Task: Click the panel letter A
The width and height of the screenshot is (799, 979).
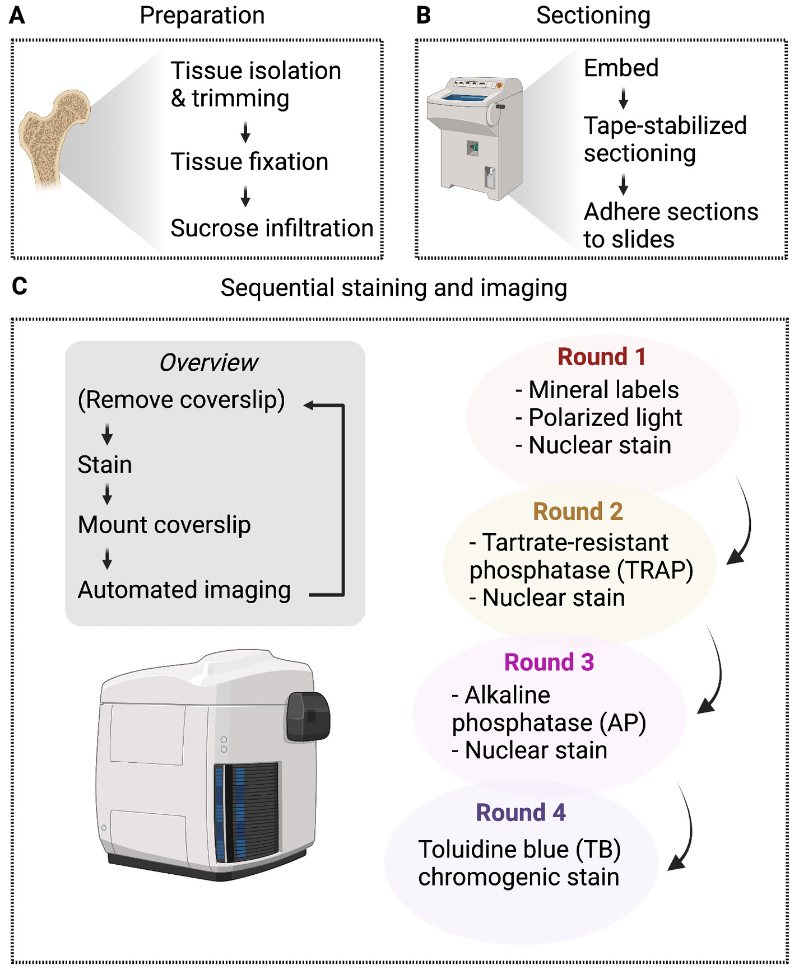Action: pyautogui.click(x=17, y=16)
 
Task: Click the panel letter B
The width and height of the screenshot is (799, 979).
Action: pyautogui.click(x=424, y=16)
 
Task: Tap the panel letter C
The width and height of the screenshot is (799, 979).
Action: pyautogui.click(x=19, y=286)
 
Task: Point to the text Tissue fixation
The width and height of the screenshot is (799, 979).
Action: pyautogui.click(x=249, y=162)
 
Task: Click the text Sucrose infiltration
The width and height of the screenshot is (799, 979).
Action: pyautogui.click(x=272, y=229)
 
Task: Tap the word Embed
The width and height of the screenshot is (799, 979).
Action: pyautogui.click(x=621, y=68)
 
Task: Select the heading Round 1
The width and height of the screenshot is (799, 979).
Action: pyautogui.click(x=601, y=357)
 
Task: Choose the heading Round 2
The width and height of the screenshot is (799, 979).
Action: pyautogui.click(x=578, y=511)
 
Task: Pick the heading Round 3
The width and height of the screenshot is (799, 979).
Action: pyautogui.click(x=549, y=662)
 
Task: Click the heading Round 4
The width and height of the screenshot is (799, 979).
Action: pyautogui.click(x=521, y=813)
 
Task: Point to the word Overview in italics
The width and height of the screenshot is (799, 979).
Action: pyautogui.click(x=208, y=363)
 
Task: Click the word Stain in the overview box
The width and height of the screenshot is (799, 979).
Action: pyautogui.click(x=105, y=465)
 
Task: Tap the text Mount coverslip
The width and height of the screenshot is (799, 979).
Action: pyautogui.click(x=164, y=525)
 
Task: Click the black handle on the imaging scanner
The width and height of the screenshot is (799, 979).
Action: pyautogui.click(x=308, y=716)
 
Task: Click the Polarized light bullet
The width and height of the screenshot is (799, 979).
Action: pyautogui.click(x=599, y=418)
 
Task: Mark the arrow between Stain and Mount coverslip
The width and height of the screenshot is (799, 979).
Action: pyautogui.click(x=107, y=494)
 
